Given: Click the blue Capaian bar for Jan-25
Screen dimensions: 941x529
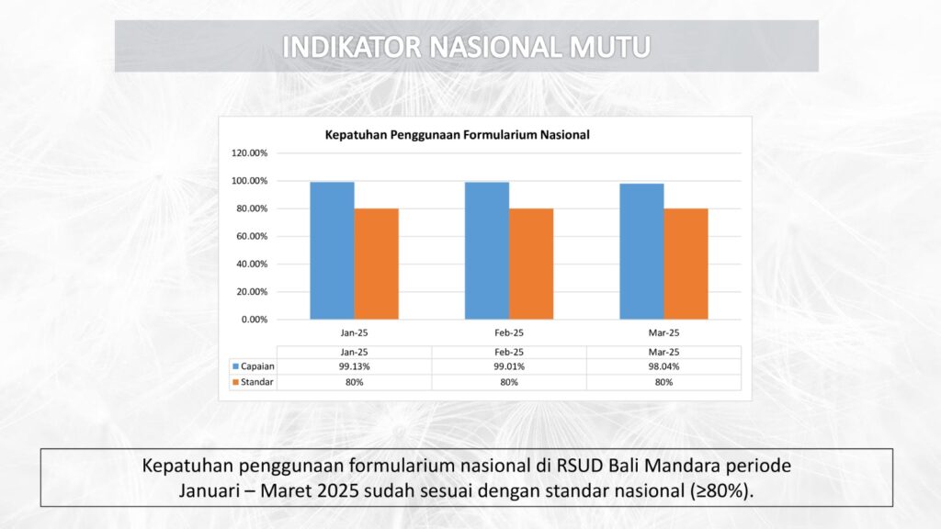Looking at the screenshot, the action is click(x=332, y=251).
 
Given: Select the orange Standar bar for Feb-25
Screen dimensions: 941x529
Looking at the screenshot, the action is click(x=531, y=264).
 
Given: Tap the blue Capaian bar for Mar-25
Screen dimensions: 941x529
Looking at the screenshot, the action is click(x=641, y=252).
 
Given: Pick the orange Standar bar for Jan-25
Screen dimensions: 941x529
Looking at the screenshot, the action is click(x=376, y=264).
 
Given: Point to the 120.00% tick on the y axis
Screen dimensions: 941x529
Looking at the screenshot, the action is click(x=250, y=153).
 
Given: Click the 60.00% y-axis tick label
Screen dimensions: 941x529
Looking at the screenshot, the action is click(x=252, y=236).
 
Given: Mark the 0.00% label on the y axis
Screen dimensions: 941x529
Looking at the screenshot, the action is click(x=255, y=320).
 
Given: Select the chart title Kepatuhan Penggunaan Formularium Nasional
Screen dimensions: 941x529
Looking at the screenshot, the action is click(x=458, y=135).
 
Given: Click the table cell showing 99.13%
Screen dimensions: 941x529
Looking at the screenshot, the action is click(x=354, y=366).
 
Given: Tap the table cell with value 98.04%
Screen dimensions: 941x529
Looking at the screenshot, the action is click(x=663, y=366).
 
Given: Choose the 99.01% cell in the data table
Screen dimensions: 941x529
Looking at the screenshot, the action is click(x=509, y=366).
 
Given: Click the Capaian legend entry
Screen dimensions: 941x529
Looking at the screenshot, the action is click(x=254, y=366).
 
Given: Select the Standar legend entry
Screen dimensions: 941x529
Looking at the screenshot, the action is click(x=253, y=382).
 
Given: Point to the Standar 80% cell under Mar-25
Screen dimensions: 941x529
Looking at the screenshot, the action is click(x=663, y=382).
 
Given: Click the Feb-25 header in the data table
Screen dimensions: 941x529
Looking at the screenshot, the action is click(x=509, y=352).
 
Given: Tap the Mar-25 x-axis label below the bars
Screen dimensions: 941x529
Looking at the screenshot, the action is click(x=663, y=332).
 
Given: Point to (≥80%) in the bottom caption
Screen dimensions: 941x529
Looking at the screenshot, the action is click(x=719, y=490).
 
